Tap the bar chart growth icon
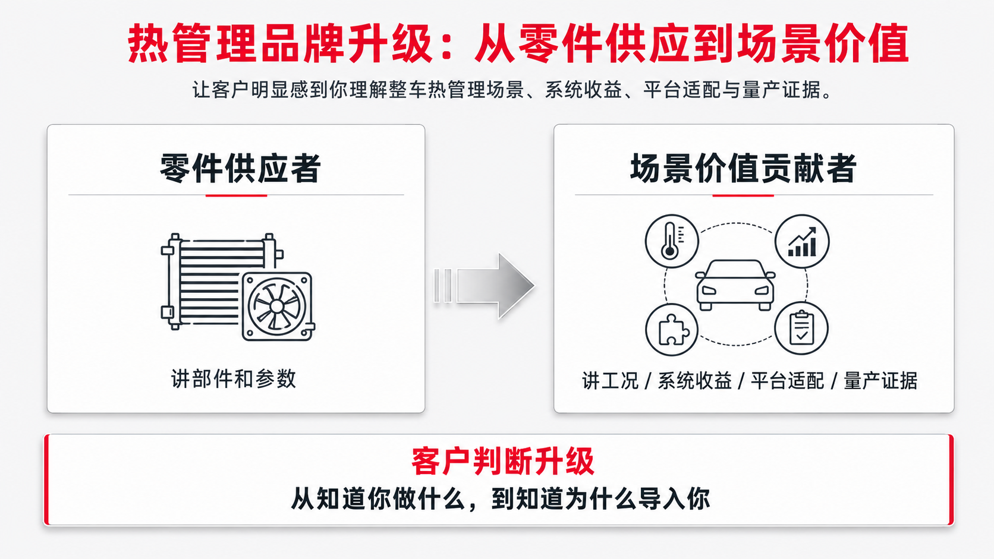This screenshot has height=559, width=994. pyautogui.click(x=802, y=241)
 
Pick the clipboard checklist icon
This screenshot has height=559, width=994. pyautogui.click(x=801, y=329)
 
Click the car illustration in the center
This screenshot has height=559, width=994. pyautogui.click(x=735, y=285)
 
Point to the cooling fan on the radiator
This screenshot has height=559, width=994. pyautogui.click(x=277, y=307)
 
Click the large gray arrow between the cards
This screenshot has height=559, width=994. pyautogui.click(x=484, y=286)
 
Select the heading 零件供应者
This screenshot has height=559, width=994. pyautogui.click(x=240, y=169)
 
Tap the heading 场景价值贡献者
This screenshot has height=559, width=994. pyautogui.click(x=743, y=169)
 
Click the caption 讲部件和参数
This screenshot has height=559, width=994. pyautogui.click(x=234, y=379)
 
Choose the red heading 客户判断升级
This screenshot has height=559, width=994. pyautogui.click(x=503, y=462)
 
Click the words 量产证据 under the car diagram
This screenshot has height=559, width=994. pyautogui.click(x=880, y=381)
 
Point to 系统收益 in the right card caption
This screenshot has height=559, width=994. pyautogui.click(x=694, y=381)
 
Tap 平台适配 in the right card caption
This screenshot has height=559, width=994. pyautogui.click(x=787, y=381)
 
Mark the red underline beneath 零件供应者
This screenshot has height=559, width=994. pyautogui.click(x=236, y=195)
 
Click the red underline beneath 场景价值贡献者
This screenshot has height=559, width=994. pyautogui.click(x=743, y=195)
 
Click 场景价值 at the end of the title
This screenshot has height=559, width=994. pyautogui.click(x=823, y=43)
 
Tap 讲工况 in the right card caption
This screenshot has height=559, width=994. pyautogui.click(x=610, y=381)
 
